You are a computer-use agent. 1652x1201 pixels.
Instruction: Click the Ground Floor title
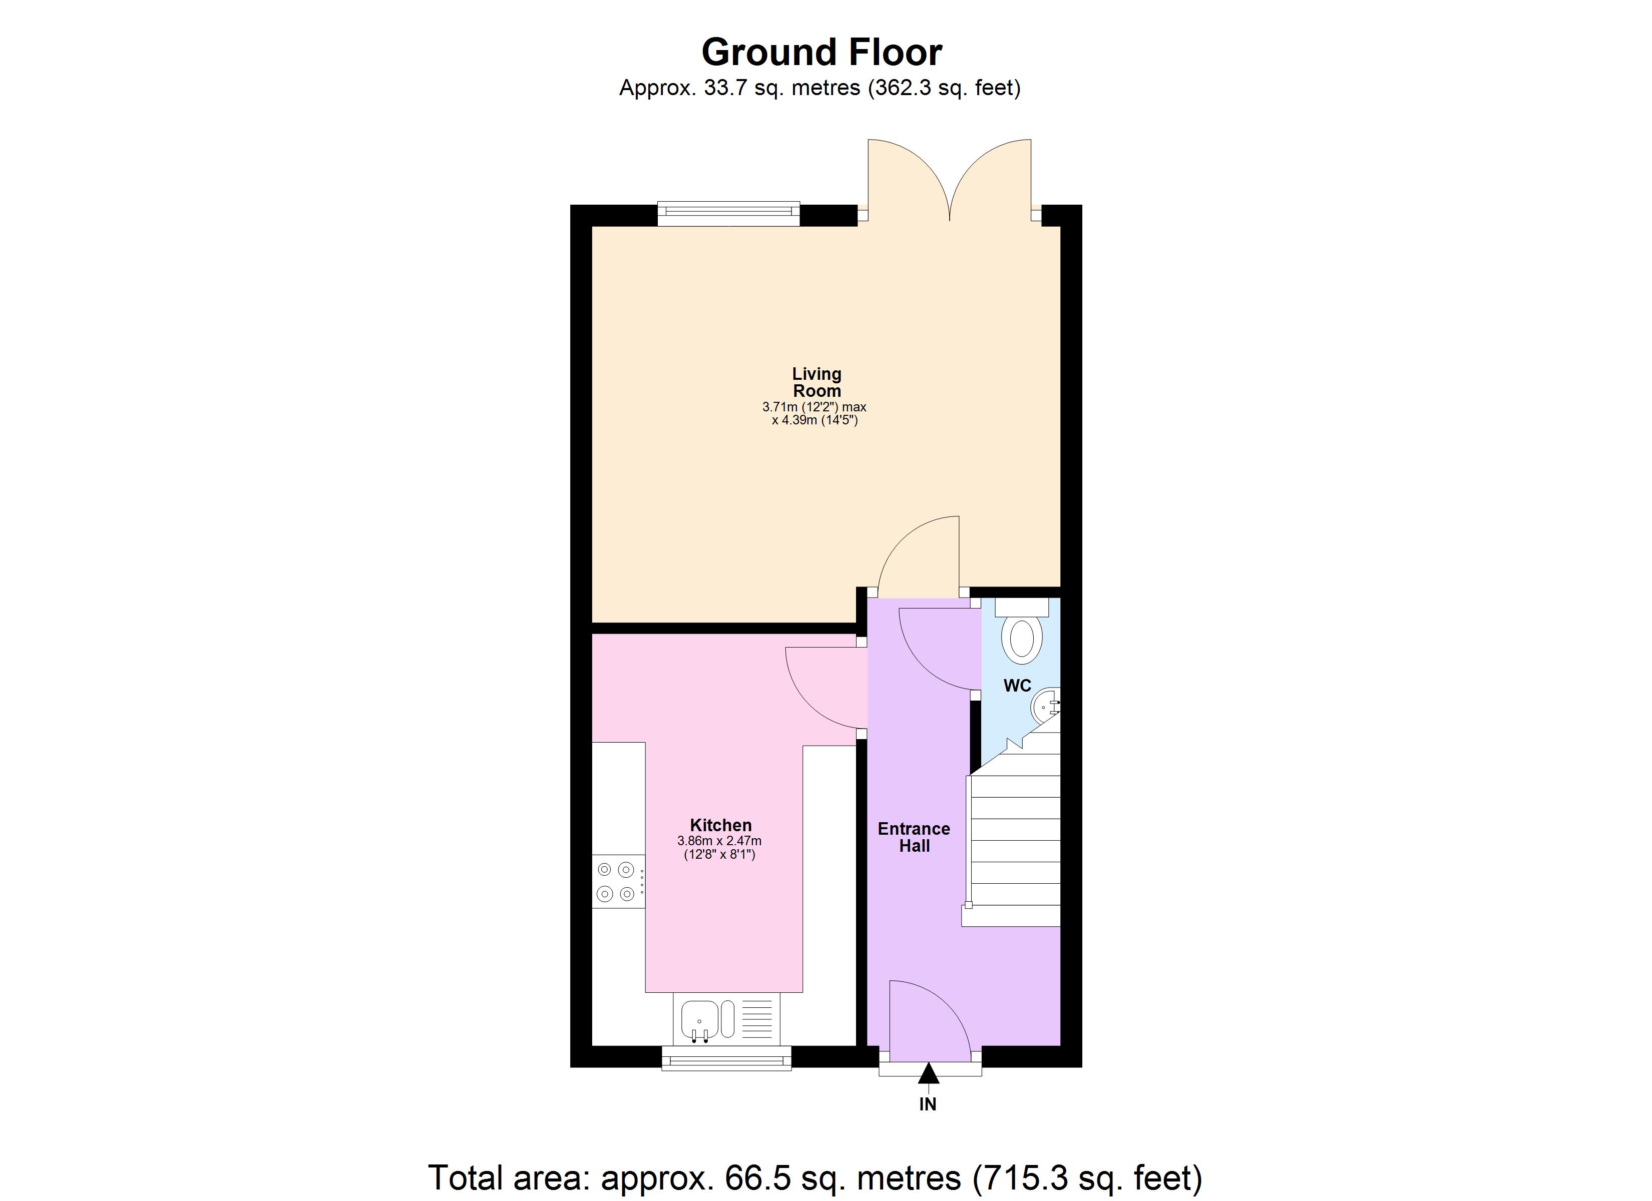(x=821, y=53)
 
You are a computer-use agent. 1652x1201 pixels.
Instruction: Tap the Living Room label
(x=816, y=382)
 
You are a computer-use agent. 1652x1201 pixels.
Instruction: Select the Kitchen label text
(x=720, y=825)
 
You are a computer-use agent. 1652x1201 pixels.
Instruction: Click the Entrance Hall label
(x=914, y=837)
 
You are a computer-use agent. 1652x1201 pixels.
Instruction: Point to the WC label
(x=1017, y=686)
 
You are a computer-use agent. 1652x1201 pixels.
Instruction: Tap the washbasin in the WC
(x=1045, y=705)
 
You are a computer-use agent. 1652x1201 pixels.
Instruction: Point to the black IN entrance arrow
(x=928, y=1073)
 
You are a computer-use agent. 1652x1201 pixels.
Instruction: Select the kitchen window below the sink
(x=726, y=1059)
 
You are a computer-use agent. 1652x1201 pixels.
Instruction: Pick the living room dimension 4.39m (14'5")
(x=815, y=420)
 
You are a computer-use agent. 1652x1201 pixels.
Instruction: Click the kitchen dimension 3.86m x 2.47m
(x=720, y=841)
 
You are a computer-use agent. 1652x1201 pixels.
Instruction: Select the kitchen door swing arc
(x=823, y=688)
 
